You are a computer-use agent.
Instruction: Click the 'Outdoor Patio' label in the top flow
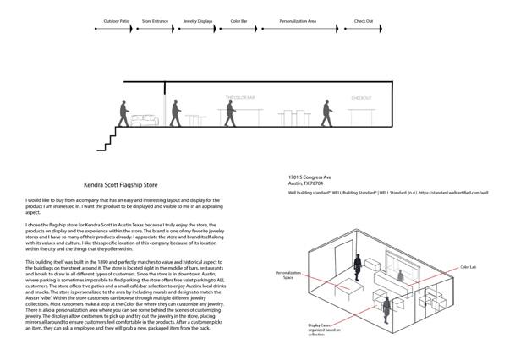point(117,19)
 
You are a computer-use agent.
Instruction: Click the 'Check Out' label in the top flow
point(364,19)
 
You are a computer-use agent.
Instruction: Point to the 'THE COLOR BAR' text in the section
point(239,98)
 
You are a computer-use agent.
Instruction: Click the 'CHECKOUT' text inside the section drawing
point(361,98)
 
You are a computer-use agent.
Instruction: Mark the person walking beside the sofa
point(125,113)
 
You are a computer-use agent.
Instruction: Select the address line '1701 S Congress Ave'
point(310,177)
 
